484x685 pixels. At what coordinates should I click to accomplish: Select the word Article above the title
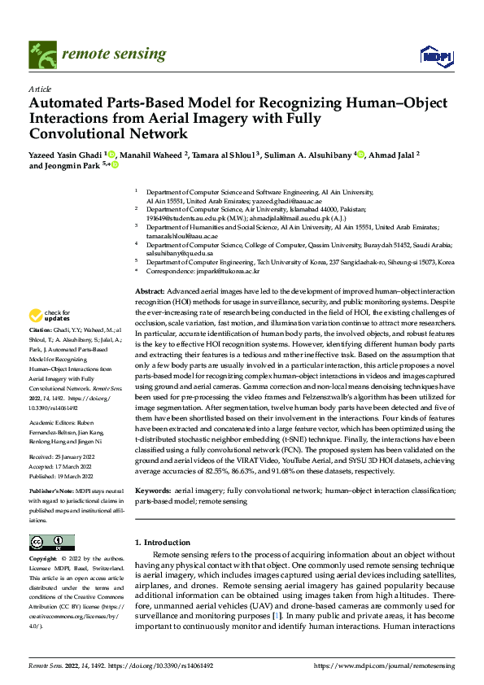click(40, 89)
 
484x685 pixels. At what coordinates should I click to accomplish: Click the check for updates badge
click(50, 315)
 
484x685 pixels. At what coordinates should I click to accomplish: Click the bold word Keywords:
click(153, 492)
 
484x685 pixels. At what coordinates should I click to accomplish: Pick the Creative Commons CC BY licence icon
click(51, 543)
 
